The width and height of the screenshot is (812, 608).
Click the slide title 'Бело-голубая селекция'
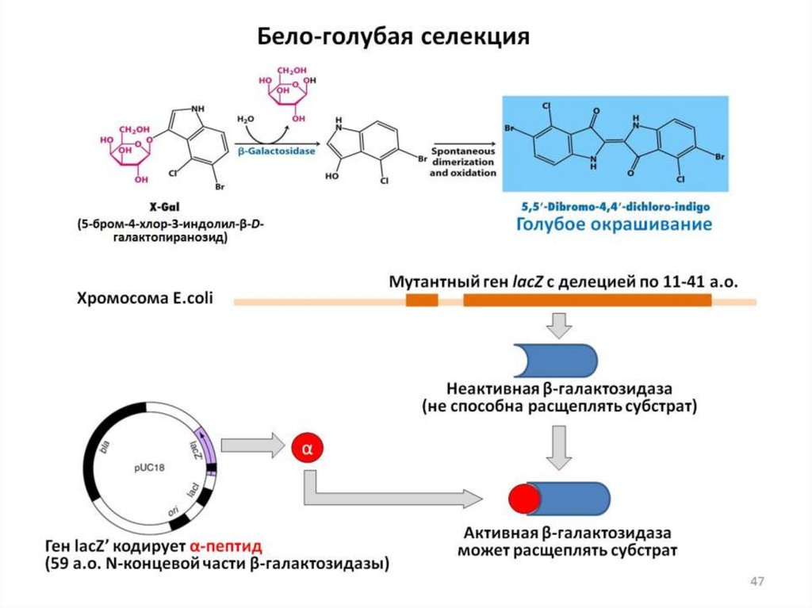(393, 37)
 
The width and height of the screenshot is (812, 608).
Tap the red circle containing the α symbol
(308, 448)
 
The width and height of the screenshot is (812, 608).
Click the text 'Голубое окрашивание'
(615, 225)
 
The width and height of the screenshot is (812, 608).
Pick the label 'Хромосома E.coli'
(144, 300)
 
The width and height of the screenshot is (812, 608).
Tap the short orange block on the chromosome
(422, 300)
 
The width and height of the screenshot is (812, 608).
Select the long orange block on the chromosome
(587, 300)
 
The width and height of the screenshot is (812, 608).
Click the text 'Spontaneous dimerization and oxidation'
(464, 162)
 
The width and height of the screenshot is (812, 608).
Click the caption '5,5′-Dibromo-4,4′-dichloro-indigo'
(615, 206)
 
